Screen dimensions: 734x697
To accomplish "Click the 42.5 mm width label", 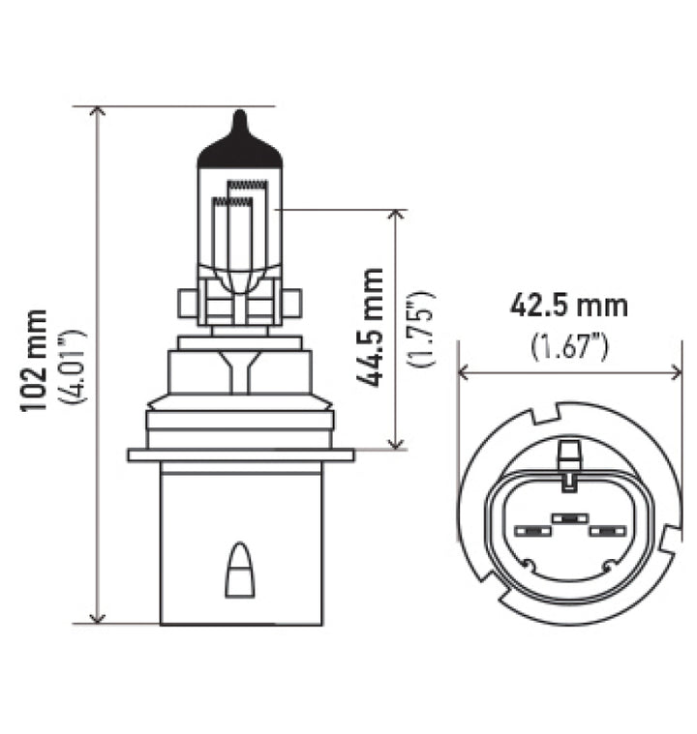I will coord(569,306).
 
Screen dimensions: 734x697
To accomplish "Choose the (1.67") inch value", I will coord(569,344).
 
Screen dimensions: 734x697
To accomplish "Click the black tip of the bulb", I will coord(239,145).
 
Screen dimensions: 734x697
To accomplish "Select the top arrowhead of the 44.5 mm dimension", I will coord(395,216).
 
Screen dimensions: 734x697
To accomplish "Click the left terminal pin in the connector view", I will coord(530,530).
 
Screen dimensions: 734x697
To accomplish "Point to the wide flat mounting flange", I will coord(239,455).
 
